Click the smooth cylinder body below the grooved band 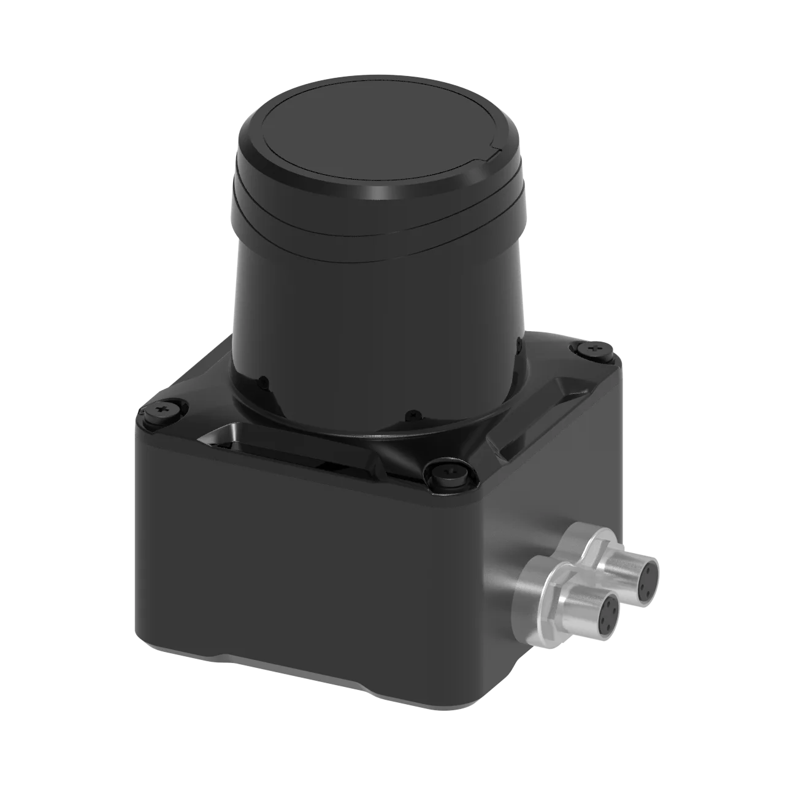coord(374,307)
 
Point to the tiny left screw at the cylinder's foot coord(262,382)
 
